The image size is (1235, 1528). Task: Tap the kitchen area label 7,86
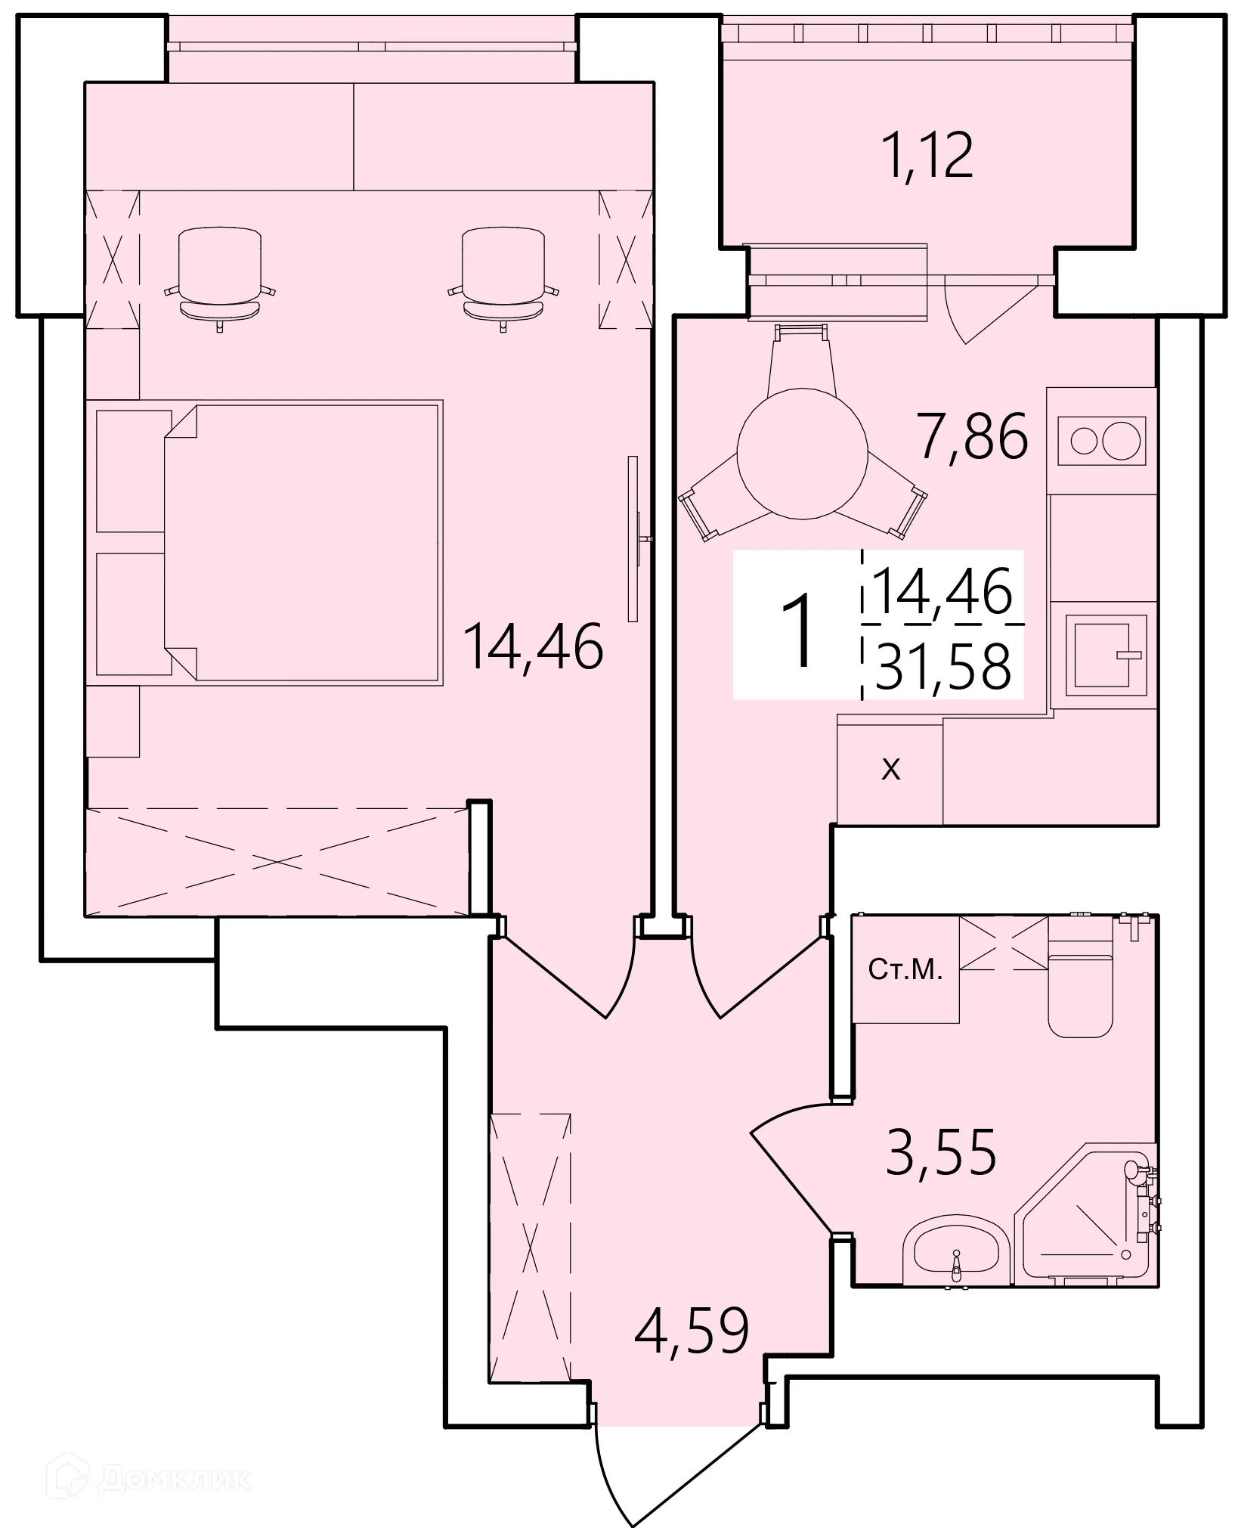(972, 436)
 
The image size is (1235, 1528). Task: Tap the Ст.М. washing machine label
(905, 970)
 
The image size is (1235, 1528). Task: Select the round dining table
(802, 453)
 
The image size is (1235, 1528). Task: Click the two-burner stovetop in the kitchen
(1101, 441)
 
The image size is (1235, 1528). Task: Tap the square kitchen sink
(1105, 655)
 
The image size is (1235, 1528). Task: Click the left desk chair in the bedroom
(219, 277)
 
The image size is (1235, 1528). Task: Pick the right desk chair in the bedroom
(503, 277)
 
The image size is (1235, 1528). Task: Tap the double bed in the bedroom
(302, 542)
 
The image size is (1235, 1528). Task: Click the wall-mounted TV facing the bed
(633, 538)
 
